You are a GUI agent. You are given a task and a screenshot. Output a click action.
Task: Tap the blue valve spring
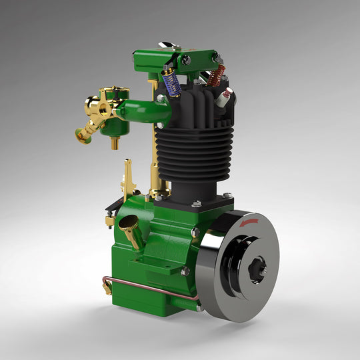[170, 83]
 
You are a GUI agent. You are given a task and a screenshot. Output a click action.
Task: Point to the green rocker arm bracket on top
[177, 59]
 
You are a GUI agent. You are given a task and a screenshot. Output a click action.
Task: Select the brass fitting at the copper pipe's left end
[107, 287]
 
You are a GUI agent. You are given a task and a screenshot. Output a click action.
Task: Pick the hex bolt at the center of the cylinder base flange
[197, 202]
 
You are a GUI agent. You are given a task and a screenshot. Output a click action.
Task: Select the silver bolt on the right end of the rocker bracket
[217, 59]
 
